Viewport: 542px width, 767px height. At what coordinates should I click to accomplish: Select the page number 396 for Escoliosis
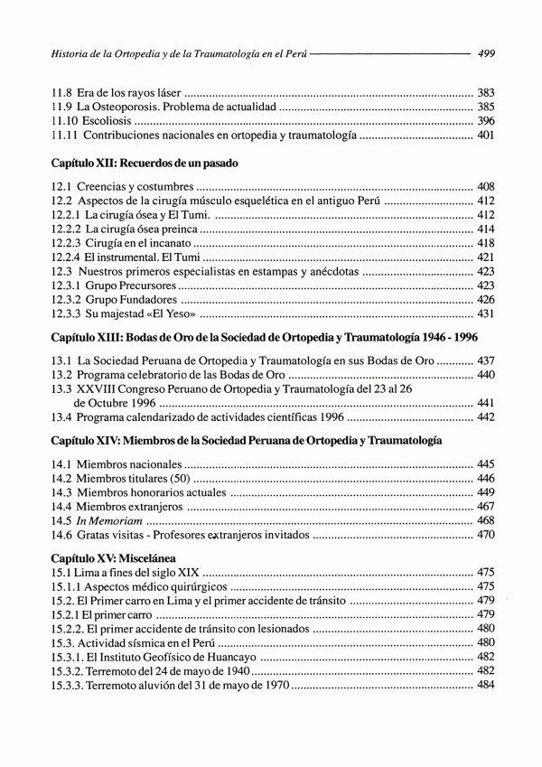coord(485,121)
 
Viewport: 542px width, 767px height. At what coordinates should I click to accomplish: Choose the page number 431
coord(485,314)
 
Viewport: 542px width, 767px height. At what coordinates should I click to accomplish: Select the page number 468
coord(485,520)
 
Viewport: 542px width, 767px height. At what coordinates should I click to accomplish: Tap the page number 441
coord(485,402)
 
